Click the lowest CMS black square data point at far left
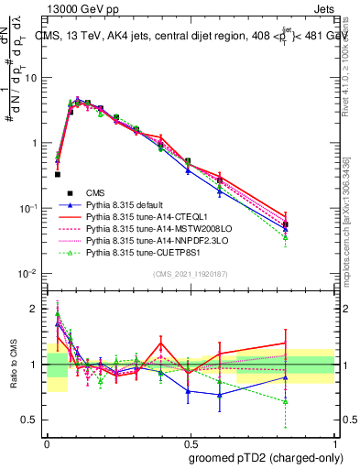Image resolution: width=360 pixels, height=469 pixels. point(58,174)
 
